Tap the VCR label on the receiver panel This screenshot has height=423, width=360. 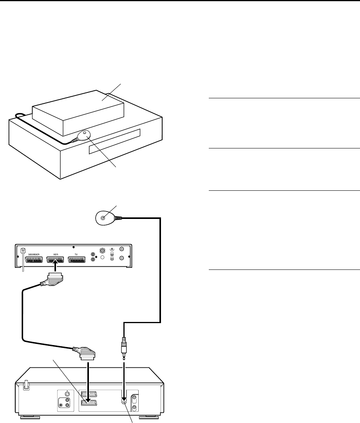pyautogui.click(x=55, y=254)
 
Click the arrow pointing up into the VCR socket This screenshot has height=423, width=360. pyautogui.click(x=55, y=268)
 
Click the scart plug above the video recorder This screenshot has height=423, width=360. pyautogui.click(x=89, y=354)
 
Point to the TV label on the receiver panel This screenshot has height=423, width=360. pyautogui.click(x=77, y=254)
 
